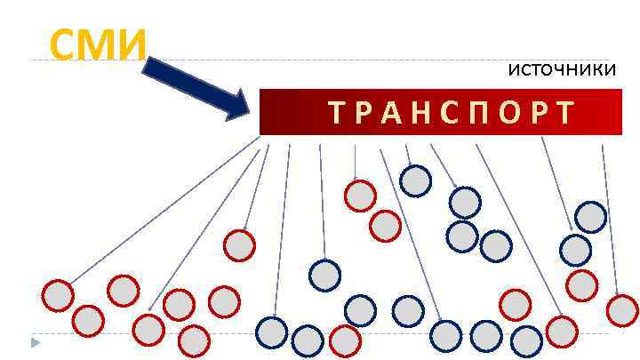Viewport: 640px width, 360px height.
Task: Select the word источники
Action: [x=561, y=69]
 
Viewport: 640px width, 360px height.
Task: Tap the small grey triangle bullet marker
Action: [x=35, y=342]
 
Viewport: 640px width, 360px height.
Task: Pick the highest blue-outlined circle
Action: [x=415, y=181]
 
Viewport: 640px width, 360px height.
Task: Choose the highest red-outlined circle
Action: [x=360, y=196]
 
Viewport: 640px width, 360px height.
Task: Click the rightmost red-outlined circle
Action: [x=621, y=310]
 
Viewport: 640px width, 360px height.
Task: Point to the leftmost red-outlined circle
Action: [x=58, y=295]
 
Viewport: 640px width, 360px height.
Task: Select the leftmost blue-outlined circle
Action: [x=271, y=332]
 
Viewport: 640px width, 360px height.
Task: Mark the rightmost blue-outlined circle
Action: [x=590, y=217]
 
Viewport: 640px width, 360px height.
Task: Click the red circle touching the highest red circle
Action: [x=385, y=225]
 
